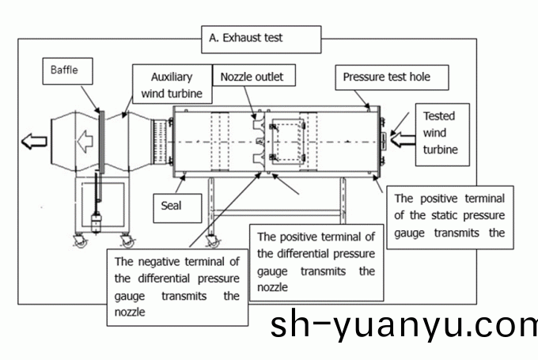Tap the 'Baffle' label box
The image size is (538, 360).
[x=65, y=70]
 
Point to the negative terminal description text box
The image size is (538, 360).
[x=176, y=286]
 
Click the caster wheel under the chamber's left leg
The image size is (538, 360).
[x=212, y=241]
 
